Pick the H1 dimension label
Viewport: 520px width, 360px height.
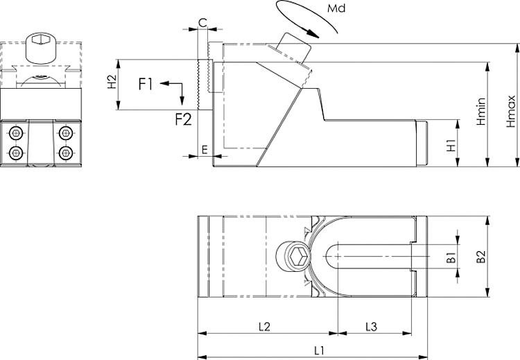[451, 146]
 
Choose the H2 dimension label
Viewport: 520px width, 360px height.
[110, 83]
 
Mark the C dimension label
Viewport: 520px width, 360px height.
[202, 22]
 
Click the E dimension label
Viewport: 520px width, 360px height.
[203, 149]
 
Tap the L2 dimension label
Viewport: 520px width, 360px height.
[263, 326]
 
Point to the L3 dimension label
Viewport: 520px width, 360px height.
[371, 326]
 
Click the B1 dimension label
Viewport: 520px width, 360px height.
[450, 257]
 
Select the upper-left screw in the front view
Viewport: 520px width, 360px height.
[15, 132]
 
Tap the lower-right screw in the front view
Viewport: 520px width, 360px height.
[66, 153]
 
